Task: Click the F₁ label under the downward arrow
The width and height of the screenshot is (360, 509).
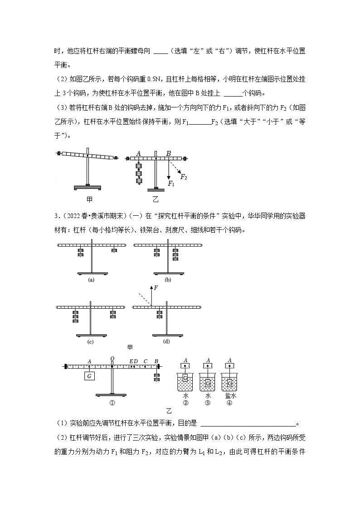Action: pos(171,184)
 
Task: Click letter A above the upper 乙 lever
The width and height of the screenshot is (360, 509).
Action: pos(138,153)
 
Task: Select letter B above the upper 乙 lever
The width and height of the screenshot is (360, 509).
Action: pos(168,153)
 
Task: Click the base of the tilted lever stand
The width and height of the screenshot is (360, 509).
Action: pos(88,187)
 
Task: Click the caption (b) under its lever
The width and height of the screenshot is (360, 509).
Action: pos(168,280)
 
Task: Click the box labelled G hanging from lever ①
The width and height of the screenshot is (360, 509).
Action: pos(89,376)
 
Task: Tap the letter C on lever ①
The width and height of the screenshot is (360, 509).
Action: pos(145,361)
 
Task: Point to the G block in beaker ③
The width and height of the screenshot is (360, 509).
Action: pos(208,383)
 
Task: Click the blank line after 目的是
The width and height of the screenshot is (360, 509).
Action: pos(248,424)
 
